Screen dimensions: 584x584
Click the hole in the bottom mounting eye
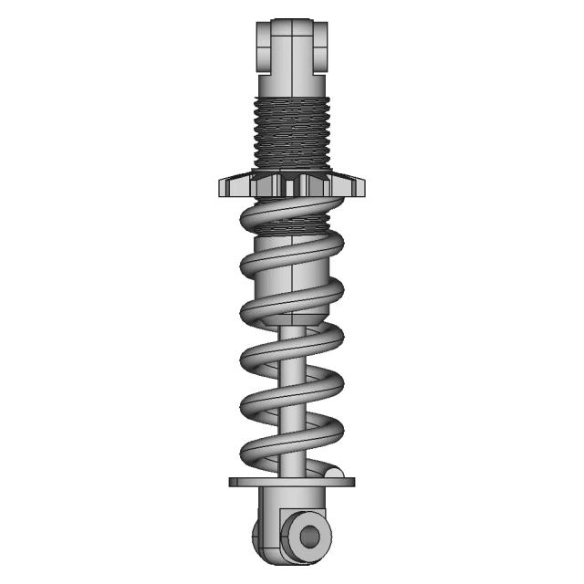309,536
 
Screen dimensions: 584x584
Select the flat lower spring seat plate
283,482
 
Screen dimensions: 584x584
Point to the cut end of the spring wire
335,474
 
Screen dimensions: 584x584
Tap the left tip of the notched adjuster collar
223,188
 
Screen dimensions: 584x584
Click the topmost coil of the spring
292,216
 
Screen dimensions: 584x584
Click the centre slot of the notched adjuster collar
291,186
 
